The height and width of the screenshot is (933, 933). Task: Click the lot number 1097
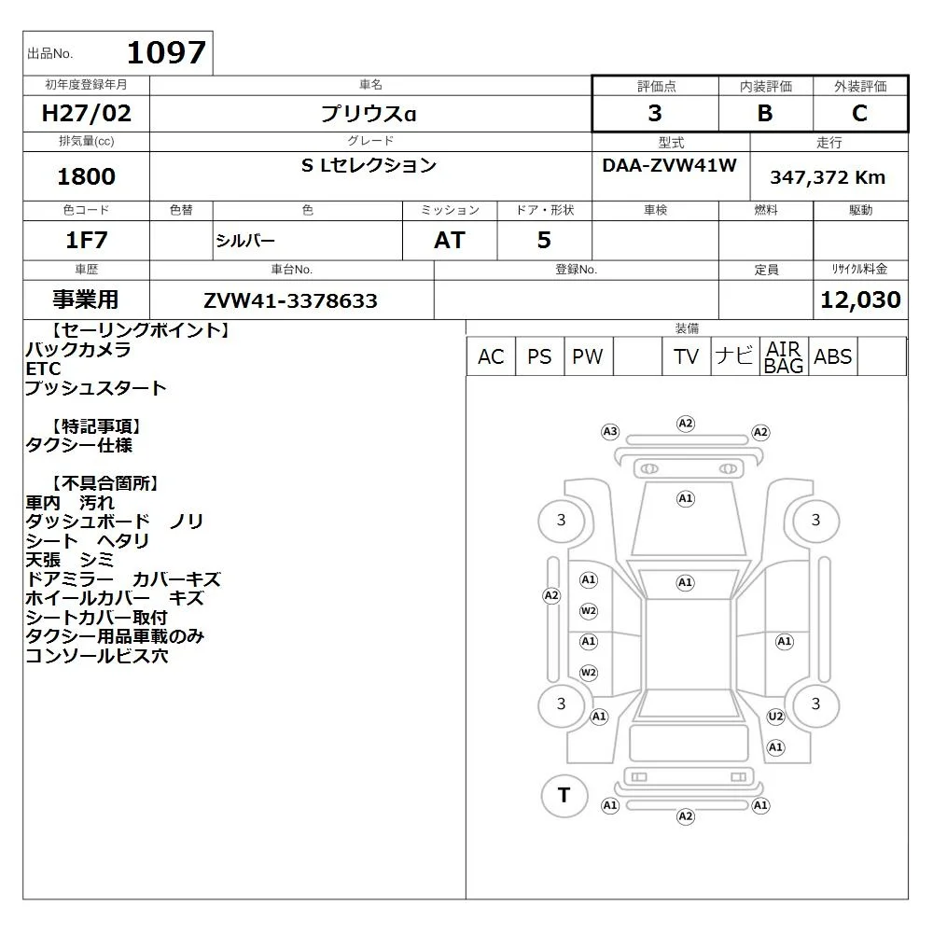(167, 52)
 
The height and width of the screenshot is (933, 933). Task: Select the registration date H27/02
(86, 113)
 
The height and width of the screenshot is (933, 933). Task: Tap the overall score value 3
(655, 113)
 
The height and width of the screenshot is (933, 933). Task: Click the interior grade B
(765, 113)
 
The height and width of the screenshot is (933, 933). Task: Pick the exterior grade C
(859, 113)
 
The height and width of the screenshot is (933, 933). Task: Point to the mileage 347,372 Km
(828, 177)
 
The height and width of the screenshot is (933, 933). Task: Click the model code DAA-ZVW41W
(669, 165)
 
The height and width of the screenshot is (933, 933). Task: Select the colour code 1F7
(86, 241)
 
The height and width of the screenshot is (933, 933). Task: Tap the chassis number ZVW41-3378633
(290, 300)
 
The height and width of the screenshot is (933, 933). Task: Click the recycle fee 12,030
(860, 299)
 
